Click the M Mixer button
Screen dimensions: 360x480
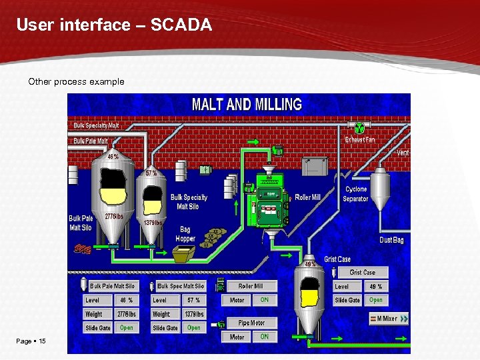(x=384, y=319)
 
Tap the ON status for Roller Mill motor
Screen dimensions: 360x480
(x=264, y=300)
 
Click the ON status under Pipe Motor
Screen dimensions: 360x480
(x=264, y=337)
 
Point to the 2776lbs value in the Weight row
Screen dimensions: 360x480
(x=127, y=314)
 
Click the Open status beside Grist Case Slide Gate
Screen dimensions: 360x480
(x=376, y=300)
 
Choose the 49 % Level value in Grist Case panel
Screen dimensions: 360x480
(x=376, y=286)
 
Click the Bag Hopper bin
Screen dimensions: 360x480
(x=184, y=254)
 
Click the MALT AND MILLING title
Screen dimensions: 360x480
(x=247, y=104)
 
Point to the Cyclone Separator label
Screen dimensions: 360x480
(x=355, y=194)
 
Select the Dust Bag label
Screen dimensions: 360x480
(x=391, y=240)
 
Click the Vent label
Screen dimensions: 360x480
(x=403, y=153)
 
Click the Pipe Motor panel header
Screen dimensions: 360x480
(x=251, y=323)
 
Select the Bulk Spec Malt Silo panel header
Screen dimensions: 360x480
(x=181, y=286)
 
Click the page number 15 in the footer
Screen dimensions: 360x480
(x=42, y=341)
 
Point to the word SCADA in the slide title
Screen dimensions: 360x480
(x=181, y=25)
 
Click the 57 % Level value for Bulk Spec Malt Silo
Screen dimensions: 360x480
(x=193, y=300)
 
